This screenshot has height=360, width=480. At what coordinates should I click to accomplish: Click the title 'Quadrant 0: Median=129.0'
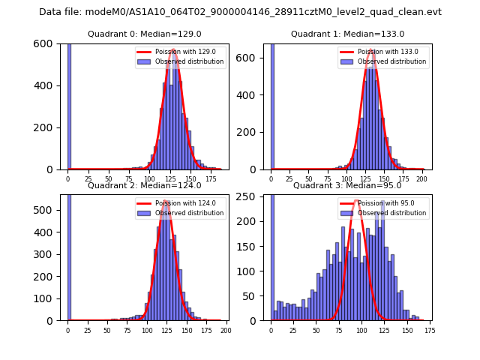144,34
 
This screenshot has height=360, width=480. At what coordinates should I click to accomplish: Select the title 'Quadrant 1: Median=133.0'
347,34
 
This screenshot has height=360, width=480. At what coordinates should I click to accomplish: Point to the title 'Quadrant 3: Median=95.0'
347,185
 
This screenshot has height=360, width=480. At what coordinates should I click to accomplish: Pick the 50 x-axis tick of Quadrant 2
107,331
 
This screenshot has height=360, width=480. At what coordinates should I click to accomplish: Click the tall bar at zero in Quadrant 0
68,105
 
